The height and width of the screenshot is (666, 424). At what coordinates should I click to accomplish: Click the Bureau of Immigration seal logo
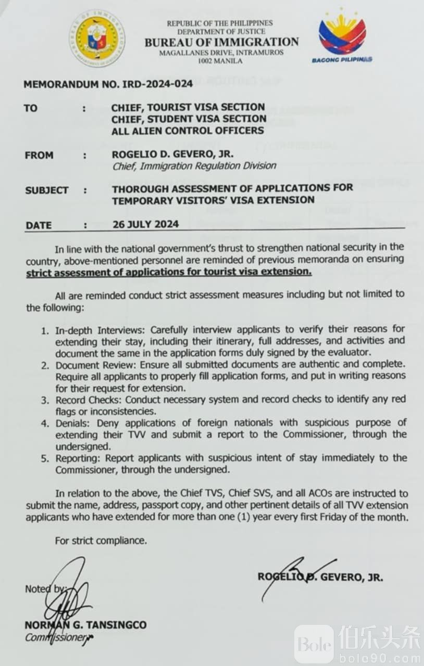97,38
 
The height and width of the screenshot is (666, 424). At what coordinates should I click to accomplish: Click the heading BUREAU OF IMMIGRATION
221,42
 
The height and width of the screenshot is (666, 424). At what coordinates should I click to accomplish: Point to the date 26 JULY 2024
145,224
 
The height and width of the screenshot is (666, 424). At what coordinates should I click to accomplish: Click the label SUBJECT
47,190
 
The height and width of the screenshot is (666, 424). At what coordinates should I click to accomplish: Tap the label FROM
39,155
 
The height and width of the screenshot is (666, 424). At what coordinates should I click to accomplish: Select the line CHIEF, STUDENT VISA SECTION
189,119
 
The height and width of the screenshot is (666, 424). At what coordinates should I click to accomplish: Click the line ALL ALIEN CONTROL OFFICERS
187,131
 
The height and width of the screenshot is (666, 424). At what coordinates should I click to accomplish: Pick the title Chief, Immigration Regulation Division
194,166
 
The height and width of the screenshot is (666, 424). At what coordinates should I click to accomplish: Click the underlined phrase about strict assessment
169,272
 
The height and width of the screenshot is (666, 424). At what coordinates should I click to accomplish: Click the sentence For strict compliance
101,541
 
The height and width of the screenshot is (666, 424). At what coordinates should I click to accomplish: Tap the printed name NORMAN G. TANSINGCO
85,625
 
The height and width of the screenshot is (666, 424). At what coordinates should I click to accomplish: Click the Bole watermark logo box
314,644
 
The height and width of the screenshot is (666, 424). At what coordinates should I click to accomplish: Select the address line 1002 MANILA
220,61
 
